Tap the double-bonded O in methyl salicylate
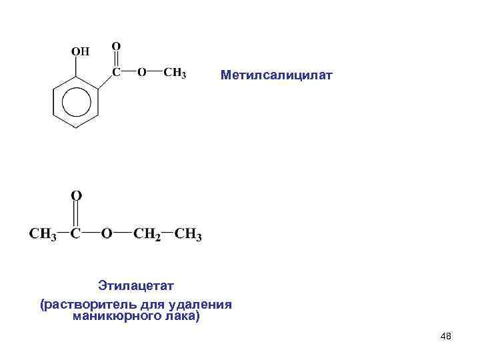tap(116, 47)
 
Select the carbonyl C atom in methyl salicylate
tap(116, 71)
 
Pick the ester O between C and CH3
tap(142, 72)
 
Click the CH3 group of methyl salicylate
tap(175, 72)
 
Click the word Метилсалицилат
tap(275, 76)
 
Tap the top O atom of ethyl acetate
tap(77, 196)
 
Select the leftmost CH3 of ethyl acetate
tap(43, 235)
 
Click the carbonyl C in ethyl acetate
tap(77, 235)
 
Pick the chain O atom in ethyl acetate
tap(107, 235)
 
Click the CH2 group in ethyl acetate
tap(147, 235)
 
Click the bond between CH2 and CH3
tap(168, 234)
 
